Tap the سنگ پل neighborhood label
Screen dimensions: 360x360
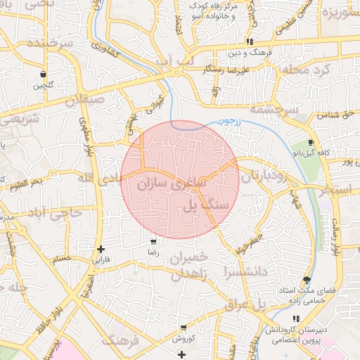coord(206,205)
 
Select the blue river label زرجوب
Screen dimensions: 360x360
coord(226,122)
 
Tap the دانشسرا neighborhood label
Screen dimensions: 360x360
coord(245,271)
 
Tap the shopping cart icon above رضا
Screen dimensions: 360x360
coord(153,241)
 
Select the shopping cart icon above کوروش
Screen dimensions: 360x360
coord(183,327)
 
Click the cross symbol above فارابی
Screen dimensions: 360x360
coord(101,249)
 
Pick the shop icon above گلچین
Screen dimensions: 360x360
coord(44,74)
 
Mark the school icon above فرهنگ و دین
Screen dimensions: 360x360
coord(250,42)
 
